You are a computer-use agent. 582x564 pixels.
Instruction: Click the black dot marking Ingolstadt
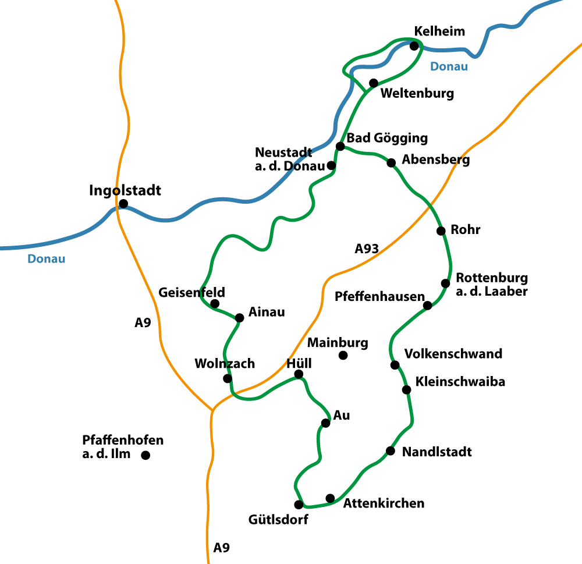tap(123, 204)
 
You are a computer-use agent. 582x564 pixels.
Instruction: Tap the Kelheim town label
tap(439, 31)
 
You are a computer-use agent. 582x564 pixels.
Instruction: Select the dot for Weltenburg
tap(374, 83)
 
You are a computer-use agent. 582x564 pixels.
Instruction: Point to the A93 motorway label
tap(367, 249)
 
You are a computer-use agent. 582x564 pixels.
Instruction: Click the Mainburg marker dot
tap(343, 355)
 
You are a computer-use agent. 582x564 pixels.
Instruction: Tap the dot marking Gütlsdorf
tap(299, 505)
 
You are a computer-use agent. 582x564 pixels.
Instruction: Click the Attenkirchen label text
tap(384, 503)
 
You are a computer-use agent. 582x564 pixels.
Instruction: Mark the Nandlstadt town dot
tap(390, 451)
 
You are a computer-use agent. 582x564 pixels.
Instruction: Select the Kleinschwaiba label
tap(460, 382)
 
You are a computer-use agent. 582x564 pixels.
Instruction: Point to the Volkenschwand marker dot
tap(395, 365)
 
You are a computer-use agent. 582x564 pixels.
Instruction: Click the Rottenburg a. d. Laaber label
tap(492, 284)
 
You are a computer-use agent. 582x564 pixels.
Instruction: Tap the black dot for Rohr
tap(441, 230)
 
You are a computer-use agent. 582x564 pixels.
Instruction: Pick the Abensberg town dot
tap(391, 162)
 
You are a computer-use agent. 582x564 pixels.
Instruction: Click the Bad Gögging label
tap(387, 139)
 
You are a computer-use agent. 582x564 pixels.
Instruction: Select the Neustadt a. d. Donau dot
tap(331, 165)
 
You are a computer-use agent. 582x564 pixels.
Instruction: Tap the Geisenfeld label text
tap(191, 292)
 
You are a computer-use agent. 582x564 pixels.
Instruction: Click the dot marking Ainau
tap(239, 318)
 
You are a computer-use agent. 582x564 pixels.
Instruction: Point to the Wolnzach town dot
tap(228, 378)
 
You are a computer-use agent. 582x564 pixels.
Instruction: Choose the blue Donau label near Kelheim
tap(449, 66)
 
